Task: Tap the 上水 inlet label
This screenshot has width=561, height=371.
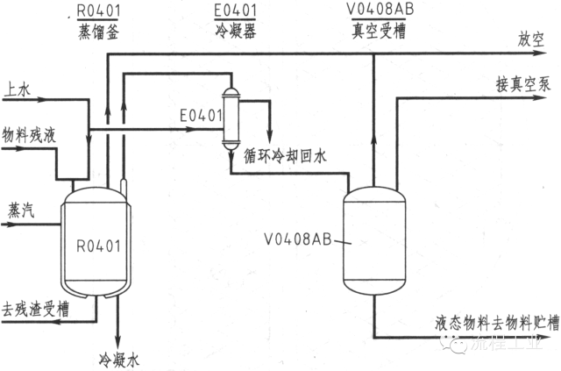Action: tap(17, 89)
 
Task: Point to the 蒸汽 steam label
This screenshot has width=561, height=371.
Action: tap(21, 210)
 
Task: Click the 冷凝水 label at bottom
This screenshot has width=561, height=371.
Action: tap(117, 359)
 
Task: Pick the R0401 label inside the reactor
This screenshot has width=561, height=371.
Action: tap(98, 245)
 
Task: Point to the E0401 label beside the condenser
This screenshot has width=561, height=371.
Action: tap(198, 115)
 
